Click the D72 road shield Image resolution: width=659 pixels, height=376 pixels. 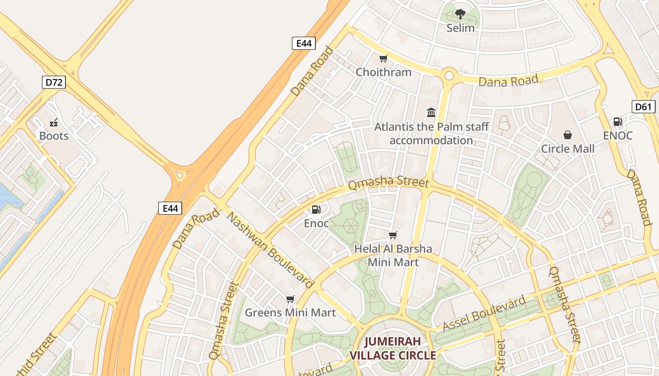(x=54, y=83)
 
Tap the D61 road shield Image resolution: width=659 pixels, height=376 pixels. (x=643, y=107)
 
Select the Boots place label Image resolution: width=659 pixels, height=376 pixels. (x=54, y=136)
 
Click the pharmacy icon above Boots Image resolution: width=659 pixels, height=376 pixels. (x=54, y=123)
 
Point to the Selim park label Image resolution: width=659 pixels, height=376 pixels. (x=460, y=28)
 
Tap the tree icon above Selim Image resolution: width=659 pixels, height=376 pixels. (x=460, y=14)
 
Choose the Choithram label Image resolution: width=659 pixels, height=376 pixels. (x=383, y=72)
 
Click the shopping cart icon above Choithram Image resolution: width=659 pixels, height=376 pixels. (x=383, y=59)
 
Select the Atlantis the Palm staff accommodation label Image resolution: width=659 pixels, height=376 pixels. (x=431, y=133)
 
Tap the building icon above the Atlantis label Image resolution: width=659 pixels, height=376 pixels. (x=431, y=112)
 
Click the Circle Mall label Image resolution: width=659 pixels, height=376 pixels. (x=568, y=149)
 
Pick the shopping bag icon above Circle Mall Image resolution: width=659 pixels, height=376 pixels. (x=568, y=135)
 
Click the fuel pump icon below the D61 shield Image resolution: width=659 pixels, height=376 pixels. (x=618, y=122)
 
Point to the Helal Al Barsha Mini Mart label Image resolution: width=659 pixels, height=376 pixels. (x=393, y=255)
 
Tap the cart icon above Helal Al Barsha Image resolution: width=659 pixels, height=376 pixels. (x=393, y=235)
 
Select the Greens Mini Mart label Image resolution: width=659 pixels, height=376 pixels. (x=290, y=313)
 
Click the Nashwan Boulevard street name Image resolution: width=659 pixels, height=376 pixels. (x=270, y=250)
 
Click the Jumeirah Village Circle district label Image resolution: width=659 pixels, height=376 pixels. (x=393, y=348)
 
